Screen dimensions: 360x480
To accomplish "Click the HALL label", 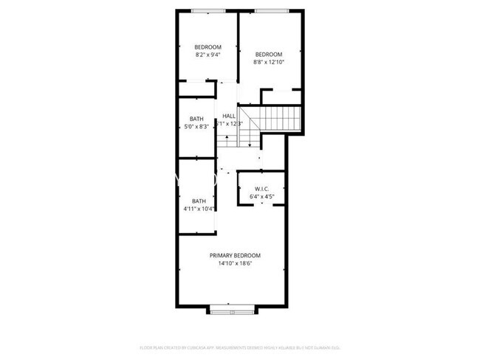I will (x=229, y=116).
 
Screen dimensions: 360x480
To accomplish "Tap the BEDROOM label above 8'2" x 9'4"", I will (x=208, y=46).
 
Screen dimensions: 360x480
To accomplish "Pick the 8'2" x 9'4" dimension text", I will (x=208, y=55).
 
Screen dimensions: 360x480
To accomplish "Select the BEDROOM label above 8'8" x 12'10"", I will (x=269, y=54).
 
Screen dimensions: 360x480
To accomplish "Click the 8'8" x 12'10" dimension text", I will (x=269, y=62).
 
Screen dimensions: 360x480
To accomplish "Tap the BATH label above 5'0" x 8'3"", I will (x=196, y=119).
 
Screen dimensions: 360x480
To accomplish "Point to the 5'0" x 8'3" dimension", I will (x=196, y=127).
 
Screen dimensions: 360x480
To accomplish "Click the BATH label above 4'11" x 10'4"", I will (x=199, y=201).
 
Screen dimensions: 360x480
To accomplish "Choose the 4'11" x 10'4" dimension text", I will (x=199, y=209).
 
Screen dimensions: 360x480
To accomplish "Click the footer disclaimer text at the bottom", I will (x=239, y=347).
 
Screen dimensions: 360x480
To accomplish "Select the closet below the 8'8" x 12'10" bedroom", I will (x=281, y=97).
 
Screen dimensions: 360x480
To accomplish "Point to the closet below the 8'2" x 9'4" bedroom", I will (x=196, y=90).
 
